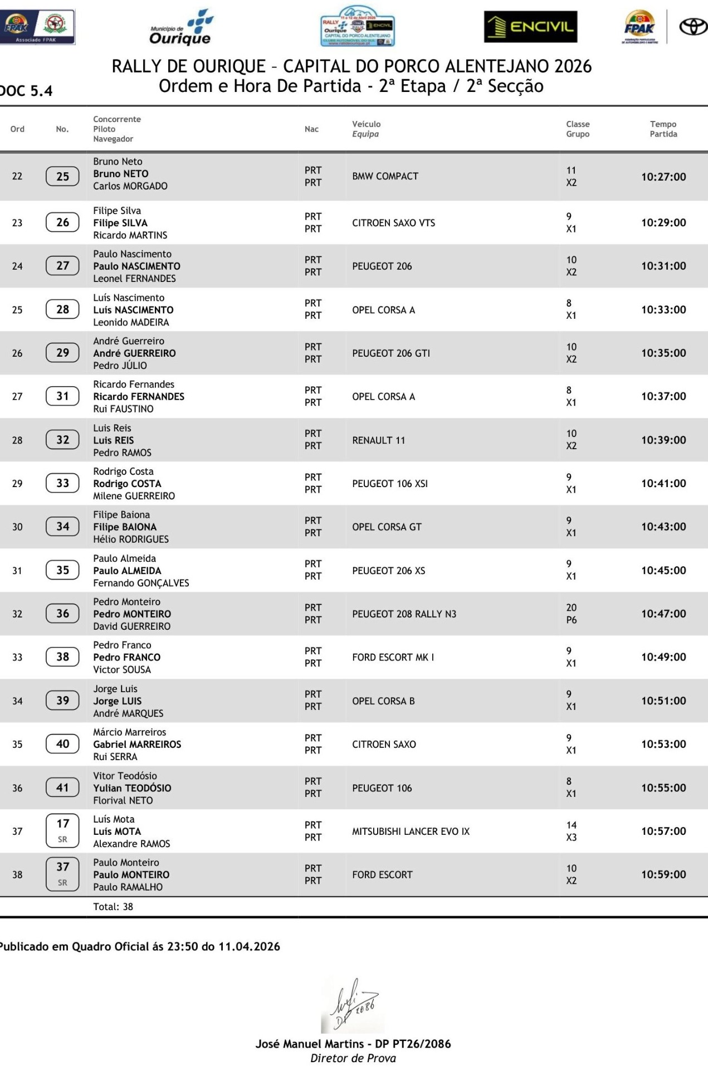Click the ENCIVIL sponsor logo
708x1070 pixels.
[530, 27]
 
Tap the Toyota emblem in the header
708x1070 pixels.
[692, 27]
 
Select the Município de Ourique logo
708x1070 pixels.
[181, 28]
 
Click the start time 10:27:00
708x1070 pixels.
[663, 177]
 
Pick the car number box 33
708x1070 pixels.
[62, 483]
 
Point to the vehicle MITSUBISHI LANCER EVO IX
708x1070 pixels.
[411, 831]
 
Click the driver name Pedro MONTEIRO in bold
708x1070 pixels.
[132, 614]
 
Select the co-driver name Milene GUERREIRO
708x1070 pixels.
[134, 496]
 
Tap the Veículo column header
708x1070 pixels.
[366, 124]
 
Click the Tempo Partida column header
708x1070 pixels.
[663, 129]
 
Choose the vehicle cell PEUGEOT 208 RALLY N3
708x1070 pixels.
[404, 614]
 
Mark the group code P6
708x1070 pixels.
[572, 620]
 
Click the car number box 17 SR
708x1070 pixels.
[62, 830]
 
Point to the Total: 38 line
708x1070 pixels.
[113, 907]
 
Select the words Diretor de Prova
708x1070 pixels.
[353, 1058]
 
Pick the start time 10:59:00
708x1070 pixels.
[663, 874]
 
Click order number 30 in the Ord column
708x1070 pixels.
[17, 527]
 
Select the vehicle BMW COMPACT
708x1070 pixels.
[385, 176]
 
